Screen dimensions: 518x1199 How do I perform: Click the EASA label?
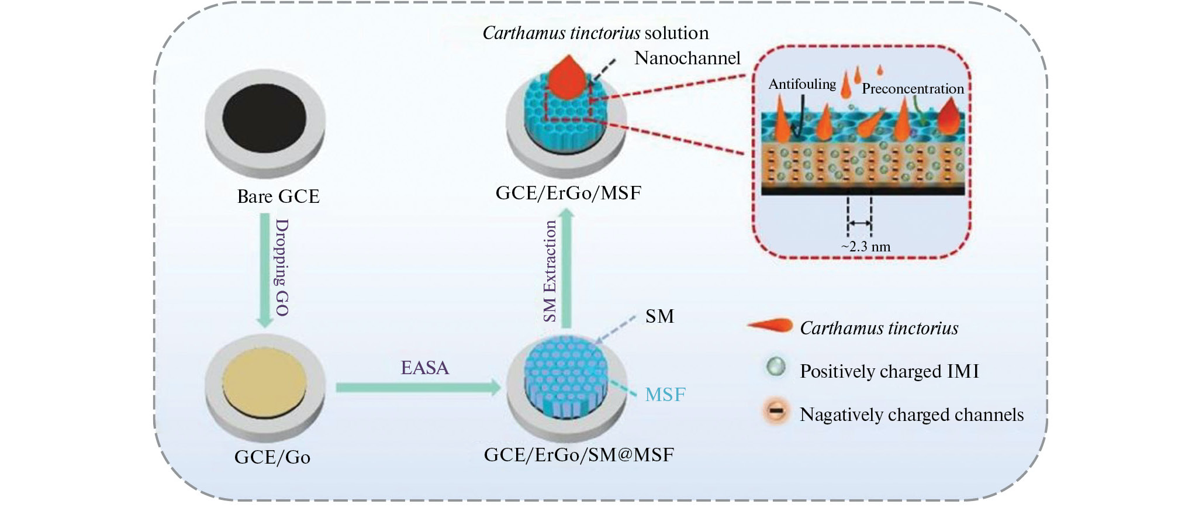(x=425, y=368)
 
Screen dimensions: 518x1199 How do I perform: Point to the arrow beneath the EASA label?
(x=418, y=388)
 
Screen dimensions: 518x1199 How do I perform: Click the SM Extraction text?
(x=550, y=271)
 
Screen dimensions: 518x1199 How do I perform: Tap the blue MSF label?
(x=665, y=395)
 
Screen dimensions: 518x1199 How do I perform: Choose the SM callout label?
(x=659, y=316)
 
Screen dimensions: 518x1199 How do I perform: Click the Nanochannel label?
(x=687, y=58)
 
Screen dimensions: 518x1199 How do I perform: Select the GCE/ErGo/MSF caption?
(x=568, y=193)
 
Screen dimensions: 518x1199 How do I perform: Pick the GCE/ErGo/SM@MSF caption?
(x=579, y=455)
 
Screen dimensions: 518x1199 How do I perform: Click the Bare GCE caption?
(x=278, y=196)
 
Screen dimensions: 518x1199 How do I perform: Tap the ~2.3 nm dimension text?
(x=866, y=247)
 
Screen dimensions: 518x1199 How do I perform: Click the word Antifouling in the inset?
(x=802, y=84)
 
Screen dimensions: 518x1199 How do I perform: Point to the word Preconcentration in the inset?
(x=913, y=89)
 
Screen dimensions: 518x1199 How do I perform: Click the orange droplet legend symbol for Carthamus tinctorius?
(x=770, y=326)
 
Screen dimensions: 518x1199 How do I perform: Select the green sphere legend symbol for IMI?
(x=776, y=367)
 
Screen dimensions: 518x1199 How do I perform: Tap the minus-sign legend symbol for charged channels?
(x=776, y=412)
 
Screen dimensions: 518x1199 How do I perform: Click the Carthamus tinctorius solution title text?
(x=595, y=33)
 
